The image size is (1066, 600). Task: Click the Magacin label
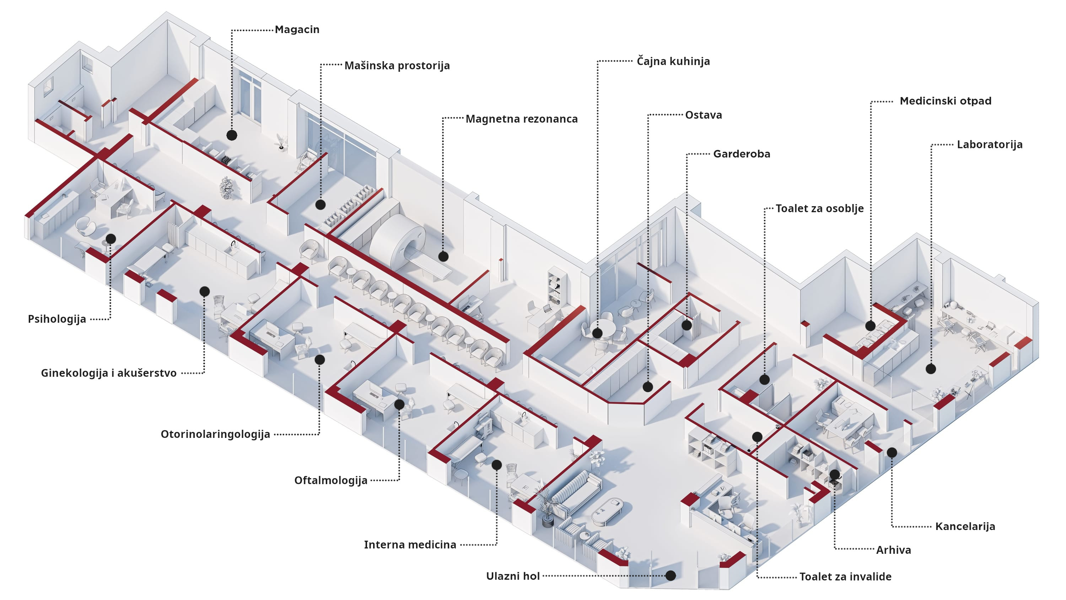click(x=297, y=30)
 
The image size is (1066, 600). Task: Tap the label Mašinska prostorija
click(x=397, y=66)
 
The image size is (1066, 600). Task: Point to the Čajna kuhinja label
click(x=673, y=61)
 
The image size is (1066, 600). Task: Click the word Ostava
click(x=703, y=115)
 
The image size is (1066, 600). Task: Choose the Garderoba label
click(x=742, y=154)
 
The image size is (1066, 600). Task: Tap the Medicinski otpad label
click(x=945, y=101)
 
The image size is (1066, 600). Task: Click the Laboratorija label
click(x=990, y=145)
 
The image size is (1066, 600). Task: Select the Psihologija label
click(x=57, y=319)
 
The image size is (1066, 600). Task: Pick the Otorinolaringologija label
click(x=215, y=434)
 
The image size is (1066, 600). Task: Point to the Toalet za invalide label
click(x=845, y=577)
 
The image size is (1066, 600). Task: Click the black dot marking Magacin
click(x=232, y=135)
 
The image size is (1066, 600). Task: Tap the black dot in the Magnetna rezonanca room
click(x=443, y=256)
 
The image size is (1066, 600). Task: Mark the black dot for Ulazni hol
click(x=671, y=575)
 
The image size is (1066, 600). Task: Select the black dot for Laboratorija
click(x=931, y=369)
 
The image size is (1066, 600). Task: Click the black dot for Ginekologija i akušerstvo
click(x=204, y=291)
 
